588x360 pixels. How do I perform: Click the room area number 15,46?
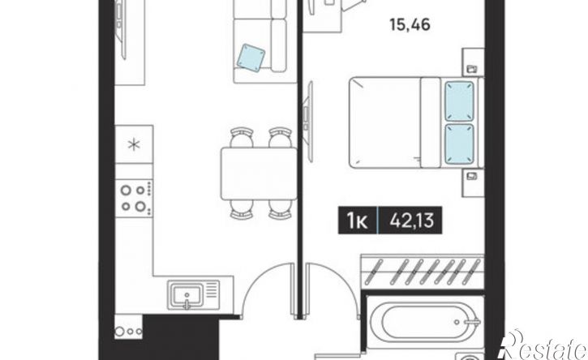tap(410, 25)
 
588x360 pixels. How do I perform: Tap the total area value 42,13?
tap(411, 221)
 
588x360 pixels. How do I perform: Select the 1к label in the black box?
tap(358, 221)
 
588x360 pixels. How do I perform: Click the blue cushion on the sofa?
tap(251, 58)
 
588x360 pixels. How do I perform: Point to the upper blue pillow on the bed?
tap(459, 101)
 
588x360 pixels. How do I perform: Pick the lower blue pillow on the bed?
tap(459, 144)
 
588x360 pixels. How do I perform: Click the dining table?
tap(259, 174)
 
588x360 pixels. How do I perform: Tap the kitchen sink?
tap(187, 295)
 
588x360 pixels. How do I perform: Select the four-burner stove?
tap(134, 198)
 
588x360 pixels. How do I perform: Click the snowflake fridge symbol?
tap(134, 144)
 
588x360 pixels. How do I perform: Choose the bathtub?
tap(425, 322)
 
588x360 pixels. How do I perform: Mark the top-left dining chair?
tap(242, 137)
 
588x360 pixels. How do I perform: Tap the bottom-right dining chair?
tap(280, 209)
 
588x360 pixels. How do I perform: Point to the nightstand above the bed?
tap(473, 62)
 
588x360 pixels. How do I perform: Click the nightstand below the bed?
tap(473, 182)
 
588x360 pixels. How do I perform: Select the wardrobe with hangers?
tap(423, 272)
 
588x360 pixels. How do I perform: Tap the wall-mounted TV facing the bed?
tap(309, 121)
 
